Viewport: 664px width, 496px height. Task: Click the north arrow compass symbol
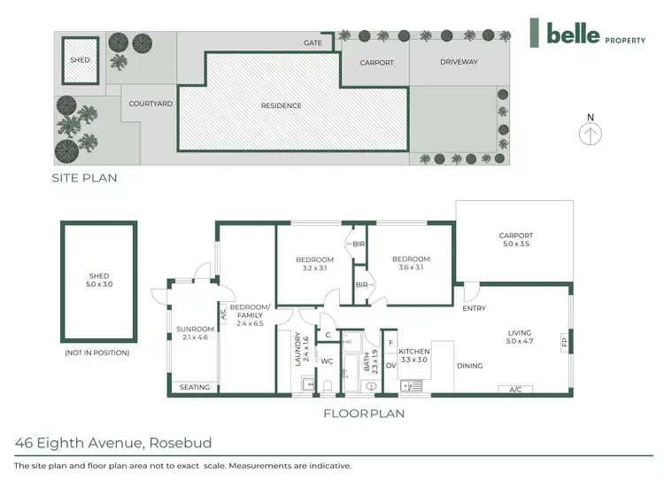[x=591, y=133]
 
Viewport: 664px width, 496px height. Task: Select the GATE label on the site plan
[x=313, y=43]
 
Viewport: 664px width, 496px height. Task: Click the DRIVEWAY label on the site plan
[x=459, y=62]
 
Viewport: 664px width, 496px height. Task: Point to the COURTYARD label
[x=151, y=104]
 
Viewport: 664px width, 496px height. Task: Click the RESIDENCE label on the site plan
[x=281, y=105]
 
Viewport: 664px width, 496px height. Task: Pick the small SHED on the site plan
[x=79, y=60]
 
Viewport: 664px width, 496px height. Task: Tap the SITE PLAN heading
[x=84, y=178]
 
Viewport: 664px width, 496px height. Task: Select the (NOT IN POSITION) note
[x=97, y=353]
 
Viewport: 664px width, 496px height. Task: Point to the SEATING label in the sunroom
[x=194, y=387]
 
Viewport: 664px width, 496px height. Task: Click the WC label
[x=327, y=360]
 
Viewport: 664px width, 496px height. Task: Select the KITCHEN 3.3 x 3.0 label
[x=413, y=356]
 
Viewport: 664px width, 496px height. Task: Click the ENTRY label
[x=474, y=308]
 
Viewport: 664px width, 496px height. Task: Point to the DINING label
[x=469, y=366]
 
